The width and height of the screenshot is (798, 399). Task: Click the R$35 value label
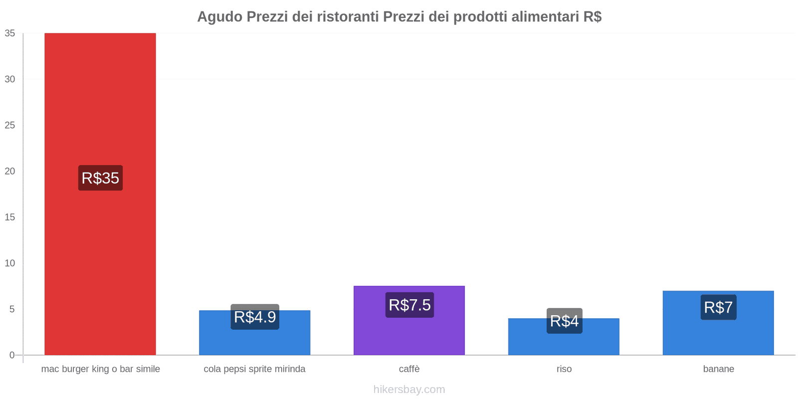click(x=100, y=178)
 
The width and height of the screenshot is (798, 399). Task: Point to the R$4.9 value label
click(x=255, y=317)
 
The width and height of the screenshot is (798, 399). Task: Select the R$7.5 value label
click(x=409, y=305)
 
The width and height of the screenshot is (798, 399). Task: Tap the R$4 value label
click(x=564, y=321)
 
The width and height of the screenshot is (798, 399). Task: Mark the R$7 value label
click(x=718, y=307)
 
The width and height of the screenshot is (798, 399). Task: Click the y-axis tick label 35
click(x=10, y=33)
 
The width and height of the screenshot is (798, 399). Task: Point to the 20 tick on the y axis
click(x=10, y=171)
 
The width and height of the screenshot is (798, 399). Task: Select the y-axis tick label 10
click(x=10, y=263)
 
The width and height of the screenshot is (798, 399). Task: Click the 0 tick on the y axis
click(x=12, y=355)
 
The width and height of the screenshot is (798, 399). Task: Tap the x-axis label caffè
click(x=409, y=369)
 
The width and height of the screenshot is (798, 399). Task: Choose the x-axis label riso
click(x=564, y=369)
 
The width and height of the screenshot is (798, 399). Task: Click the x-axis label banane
click(x=718, y=369)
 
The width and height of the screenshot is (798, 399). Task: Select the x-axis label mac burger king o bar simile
click(x=100, y=369)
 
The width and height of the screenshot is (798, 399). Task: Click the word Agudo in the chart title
click(x=219, y=17)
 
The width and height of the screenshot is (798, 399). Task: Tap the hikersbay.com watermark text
click(x=409, y=390)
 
